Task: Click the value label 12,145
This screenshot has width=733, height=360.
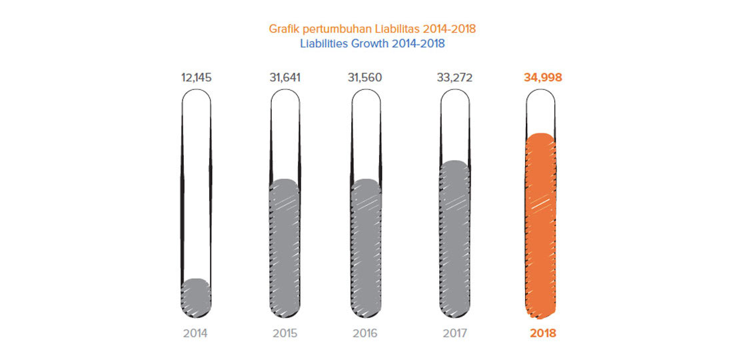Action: pos(196,77)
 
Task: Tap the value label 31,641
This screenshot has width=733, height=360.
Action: pos(285,77)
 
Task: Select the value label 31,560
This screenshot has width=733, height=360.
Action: pos(366,77)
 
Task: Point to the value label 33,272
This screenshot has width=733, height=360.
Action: pos(455,77)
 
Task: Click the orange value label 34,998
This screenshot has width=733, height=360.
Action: pos(543,77)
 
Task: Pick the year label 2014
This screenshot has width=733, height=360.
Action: pos(196,333)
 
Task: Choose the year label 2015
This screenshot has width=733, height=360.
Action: pos(285,333)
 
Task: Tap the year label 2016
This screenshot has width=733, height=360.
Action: pos(366,333)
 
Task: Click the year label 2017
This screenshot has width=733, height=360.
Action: pos(455,333)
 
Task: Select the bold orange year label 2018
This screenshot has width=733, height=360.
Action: pos(542,333)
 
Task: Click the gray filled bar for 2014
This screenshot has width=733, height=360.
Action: pos(196,297)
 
